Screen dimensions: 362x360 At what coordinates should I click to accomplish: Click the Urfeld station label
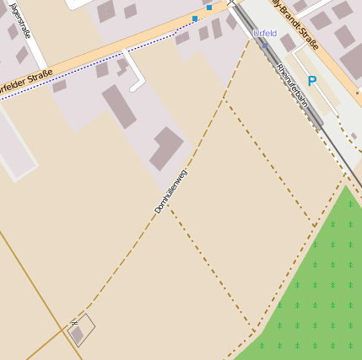(265, 33)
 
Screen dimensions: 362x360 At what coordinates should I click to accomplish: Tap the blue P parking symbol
(312, 82)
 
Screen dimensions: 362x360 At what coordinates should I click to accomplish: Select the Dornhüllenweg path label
(170, 191)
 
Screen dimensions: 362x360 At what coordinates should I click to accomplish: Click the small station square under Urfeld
(264, 46)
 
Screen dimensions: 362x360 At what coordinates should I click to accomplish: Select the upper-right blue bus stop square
(209, 8)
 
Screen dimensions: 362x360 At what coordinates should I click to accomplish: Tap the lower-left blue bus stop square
(195, 18)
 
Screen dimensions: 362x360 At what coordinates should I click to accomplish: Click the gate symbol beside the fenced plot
(74, 322)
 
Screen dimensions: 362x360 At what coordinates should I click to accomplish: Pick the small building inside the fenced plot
(78, 335)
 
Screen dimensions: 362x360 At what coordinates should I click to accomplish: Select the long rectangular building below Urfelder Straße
(119, 106)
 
